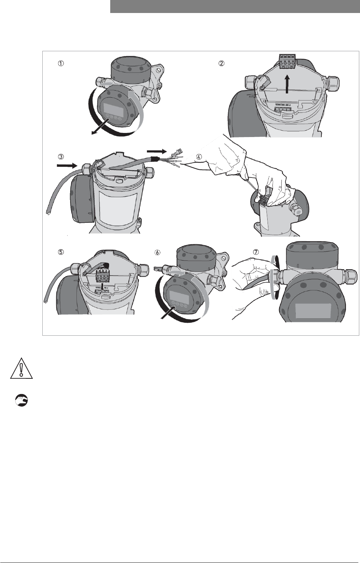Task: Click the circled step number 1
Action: click(x=61, y=64)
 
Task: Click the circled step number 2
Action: click(x=221, y=64)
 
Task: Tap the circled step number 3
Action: click(x=61, y=157)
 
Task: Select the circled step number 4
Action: click(x=199, y=157)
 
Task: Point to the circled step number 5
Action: click(x=61, y=252)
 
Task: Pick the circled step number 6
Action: click(x=157, y=252)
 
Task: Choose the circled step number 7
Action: click(x=256, y=252)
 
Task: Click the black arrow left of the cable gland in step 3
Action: click(x=66, y=165)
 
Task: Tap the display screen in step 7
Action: click(x=313, y=311)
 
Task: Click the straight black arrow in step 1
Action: click(x=101, y=127)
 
